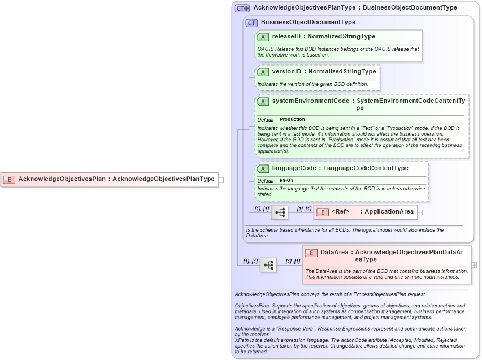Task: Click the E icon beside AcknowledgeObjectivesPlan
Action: tap(9, 179)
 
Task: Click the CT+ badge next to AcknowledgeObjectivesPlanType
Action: tap(242, 8)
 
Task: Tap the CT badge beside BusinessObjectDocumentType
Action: tap(251, 23)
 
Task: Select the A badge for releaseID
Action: tap(263, 37)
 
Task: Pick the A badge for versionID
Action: tap(263, 72)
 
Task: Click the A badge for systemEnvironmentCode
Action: tap(263, 101)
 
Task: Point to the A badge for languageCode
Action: tap(263, 168)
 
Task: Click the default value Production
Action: tap(292, 120)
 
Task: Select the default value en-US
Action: tap(286, 180)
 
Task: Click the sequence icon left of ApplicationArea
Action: tap(280, 212)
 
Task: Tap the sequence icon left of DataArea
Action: tap(268, 264)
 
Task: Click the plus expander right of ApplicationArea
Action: tap(420, 212)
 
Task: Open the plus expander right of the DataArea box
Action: tap(474, 264)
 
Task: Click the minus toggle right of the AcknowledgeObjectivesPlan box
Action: tap(221, 180)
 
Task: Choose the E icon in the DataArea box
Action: tap(311, 253)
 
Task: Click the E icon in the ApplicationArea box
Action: tap(322, 212)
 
